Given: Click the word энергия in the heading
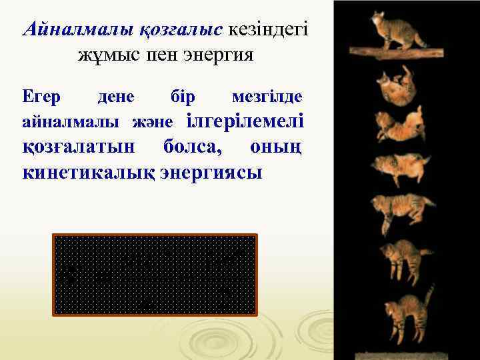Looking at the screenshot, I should pyautogui.click(x=219, y=55).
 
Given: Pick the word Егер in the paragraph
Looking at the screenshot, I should pyautogui.click(x=42, y=97).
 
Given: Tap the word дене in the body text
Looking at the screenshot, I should pyautogui.click(x=116, y=97).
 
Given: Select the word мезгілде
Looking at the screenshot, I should pyautogui.click(x=267, y=97).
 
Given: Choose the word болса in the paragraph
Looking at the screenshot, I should pyautogui.click(x=194, y=147).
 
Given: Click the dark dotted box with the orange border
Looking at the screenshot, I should pyautogui.click(x=155, y=274).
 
